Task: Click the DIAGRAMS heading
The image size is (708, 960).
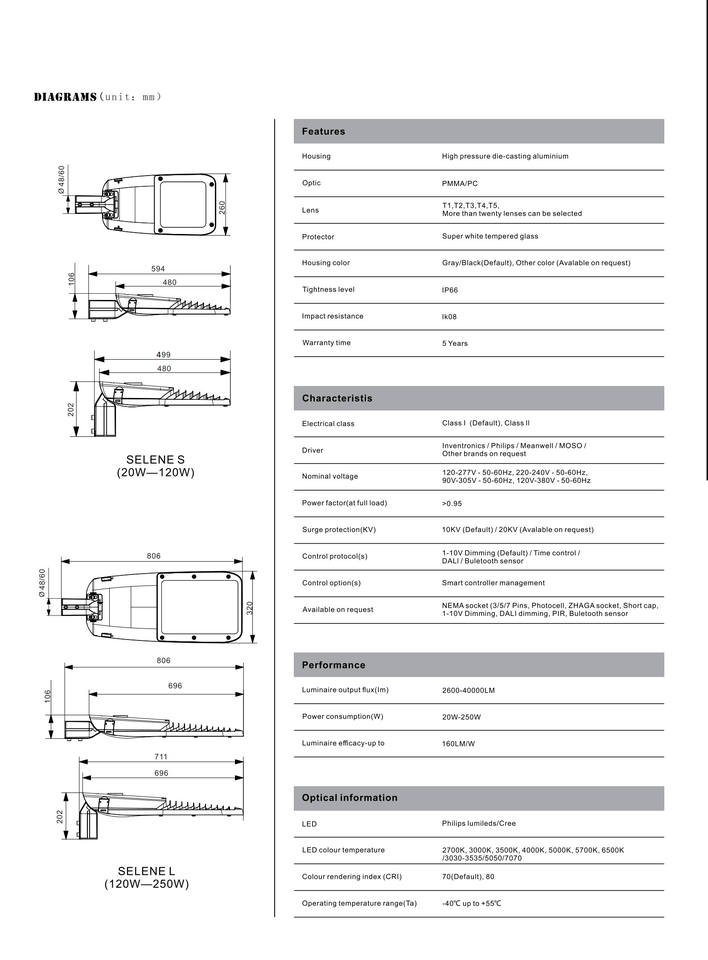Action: tap(65, 97)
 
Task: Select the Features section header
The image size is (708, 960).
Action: tap(323, 132)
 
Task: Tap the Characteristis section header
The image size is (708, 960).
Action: tap(337, 399)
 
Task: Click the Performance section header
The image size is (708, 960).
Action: tap(333, 665)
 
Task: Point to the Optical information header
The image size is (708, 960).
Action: tap(349, 798)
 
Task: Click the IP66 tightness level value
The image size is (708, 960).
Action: tap(451, 290)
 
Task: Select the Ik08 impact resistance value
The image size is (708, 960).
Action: tap(451, 317)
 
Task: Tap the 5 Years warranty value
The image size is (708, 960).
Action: tap(455, 343)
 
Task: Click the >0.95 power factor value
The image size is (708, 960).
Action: tap(452, 503)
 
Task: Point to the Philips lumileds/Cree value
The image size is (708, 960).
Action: tap(479, 824)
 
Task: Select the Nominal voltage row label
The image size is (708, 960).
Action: tap(329, 476)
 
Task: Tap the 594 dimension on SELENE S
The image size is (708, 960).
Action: tap(158, 269)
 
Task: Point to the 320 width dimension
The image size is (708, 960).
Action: tap(251, 607)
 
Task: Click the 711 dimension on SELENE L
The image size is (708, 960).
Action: tap(161, 757)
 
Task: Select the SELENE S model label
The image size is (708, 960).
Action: tap(154, 459)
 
